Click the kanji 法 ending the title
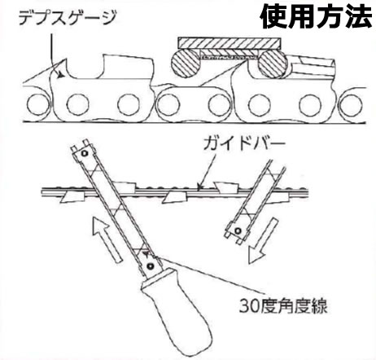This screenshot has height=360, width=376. (x=358, y=17)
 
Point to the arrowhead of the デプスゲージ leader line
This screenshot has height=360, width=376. (x=62, y=73)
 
